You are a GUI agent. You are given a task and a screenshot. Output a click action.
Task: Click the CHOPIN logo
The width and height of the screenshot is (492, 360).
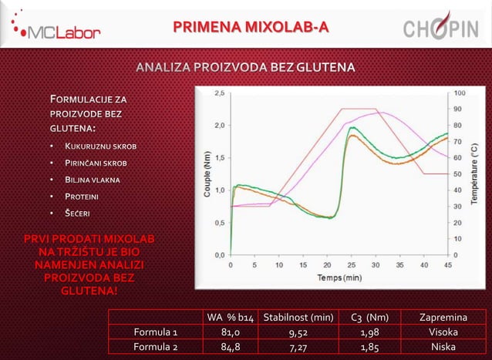coord(440,29)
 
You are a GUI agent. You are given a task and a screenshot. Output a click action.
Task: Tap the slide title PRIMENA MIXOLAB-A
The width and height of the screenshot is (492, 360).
coord(251,28)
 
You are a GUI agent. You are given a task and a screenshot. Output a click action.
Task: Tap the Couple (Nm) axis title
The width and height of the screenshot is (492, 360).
coord(207,173)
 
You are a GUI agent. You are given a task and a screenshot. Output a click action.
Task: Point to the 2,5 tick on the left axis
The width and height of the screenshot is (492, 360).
coord(221,93)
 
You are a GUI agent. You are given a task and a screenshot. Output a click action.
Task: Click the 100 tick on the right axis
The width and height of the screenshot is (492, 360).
coord(460,93)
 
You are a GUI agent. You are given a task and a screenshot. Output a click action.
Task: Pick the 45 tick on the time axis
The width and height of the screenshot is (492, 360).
coord(447,264)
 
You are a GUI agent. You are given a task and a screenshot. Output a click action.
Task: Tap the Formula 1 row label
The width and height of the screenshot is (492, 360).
coord(156,332)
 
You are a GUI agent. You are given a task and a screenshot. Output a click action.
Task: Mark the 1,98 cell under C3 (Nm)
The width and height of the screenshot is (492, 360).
coord(369,332)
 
